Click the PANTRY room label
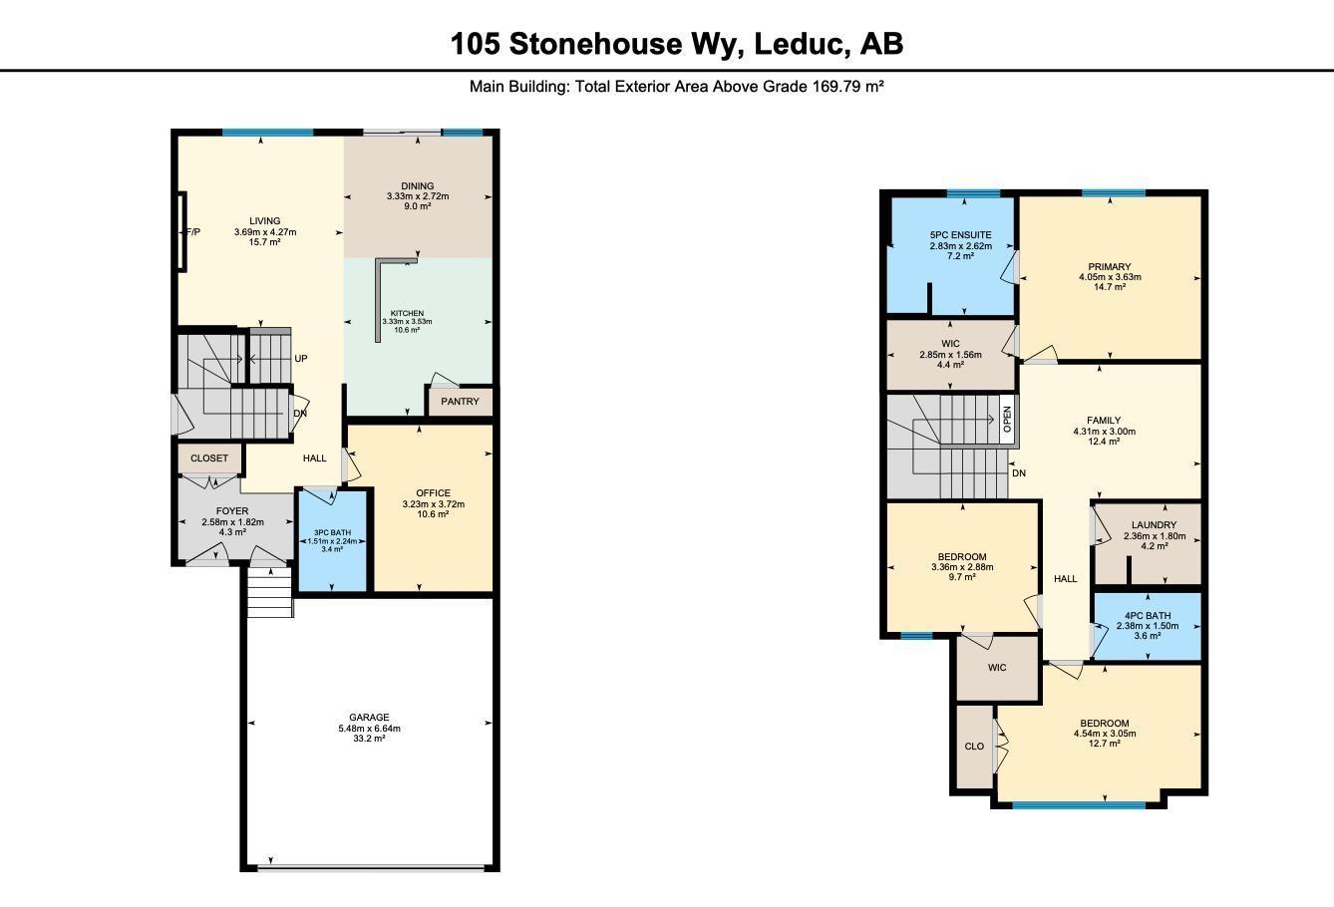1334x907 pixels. pos(461,402)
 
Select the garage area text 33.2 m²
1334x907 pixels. pos(369,739)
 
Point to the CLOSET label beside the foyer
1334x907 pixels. pos(209,458)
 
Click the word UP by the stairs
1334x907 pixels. pos(300,359)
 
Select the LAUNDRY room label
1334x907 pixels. pos(1155,525)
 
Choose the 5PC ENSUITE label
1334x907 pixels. pos(949,235)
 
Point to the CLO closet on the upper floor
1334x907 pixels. pos(974,747)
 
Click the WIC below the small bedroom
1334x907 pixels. pos(997,668)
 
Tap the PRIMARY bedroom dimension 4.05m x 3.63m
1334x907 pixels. pos(1110,277)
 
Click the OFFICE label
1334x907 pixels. pos(434,493)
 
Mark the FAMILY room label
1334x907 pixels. pos(1104,421)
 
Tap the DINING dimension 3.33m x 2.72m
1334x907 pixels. pos(418,196)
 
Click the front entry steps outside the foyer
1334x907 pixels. pos(269,593)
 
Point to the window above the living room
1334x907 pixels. pos(267,133)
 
